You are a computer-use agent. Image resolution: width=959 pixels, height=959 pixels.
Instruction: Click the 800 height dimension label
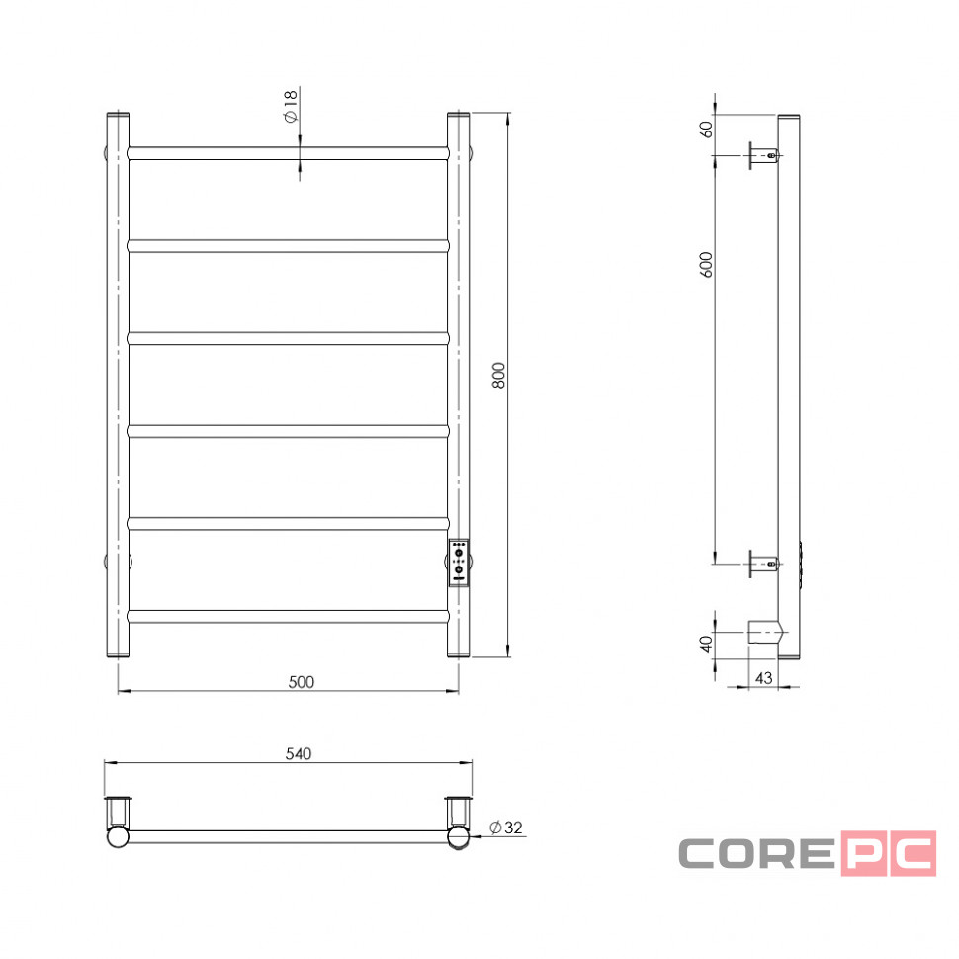point(499,375)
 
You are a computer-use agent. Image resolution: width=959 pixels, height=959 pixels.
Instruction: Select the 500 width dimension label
point(301,682)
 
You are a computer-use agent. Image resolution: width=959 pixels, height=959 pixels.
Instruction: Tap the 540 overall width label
point(299,753)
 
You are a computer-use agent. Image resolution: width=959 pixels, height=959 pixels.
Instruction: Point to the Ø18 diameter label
point(290,106)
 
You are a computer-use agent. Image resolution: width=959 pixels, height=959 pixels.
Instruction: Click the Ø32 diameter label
point(506,828)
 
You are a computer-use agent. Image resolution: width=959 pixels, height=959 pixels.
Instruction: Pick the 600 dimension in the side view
point(707,265)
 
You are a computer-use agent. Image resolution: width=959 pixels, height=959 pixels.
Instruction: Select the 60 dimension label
point(707,130)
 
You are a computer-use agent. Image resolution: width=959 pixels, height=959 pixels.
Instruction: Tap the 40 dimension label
point(707,644)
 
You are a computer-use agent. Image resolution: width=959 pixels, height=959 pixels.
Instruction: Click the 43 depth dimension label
point(764,677)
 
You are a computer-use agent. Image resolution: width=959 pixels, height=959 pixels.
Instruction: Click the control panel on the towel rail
point(459,563)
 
